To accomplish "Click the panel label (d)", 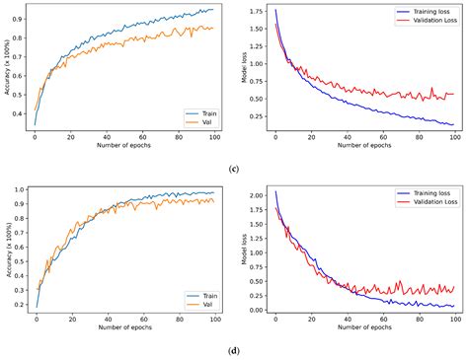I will tap(233, 348).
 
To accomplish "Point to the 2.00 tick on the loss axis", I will tap(255, 195).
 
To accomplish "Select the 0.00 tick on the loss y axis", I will tap(255, 310).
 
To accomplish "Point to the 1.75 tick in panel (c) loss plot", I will tap(255, 12).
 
